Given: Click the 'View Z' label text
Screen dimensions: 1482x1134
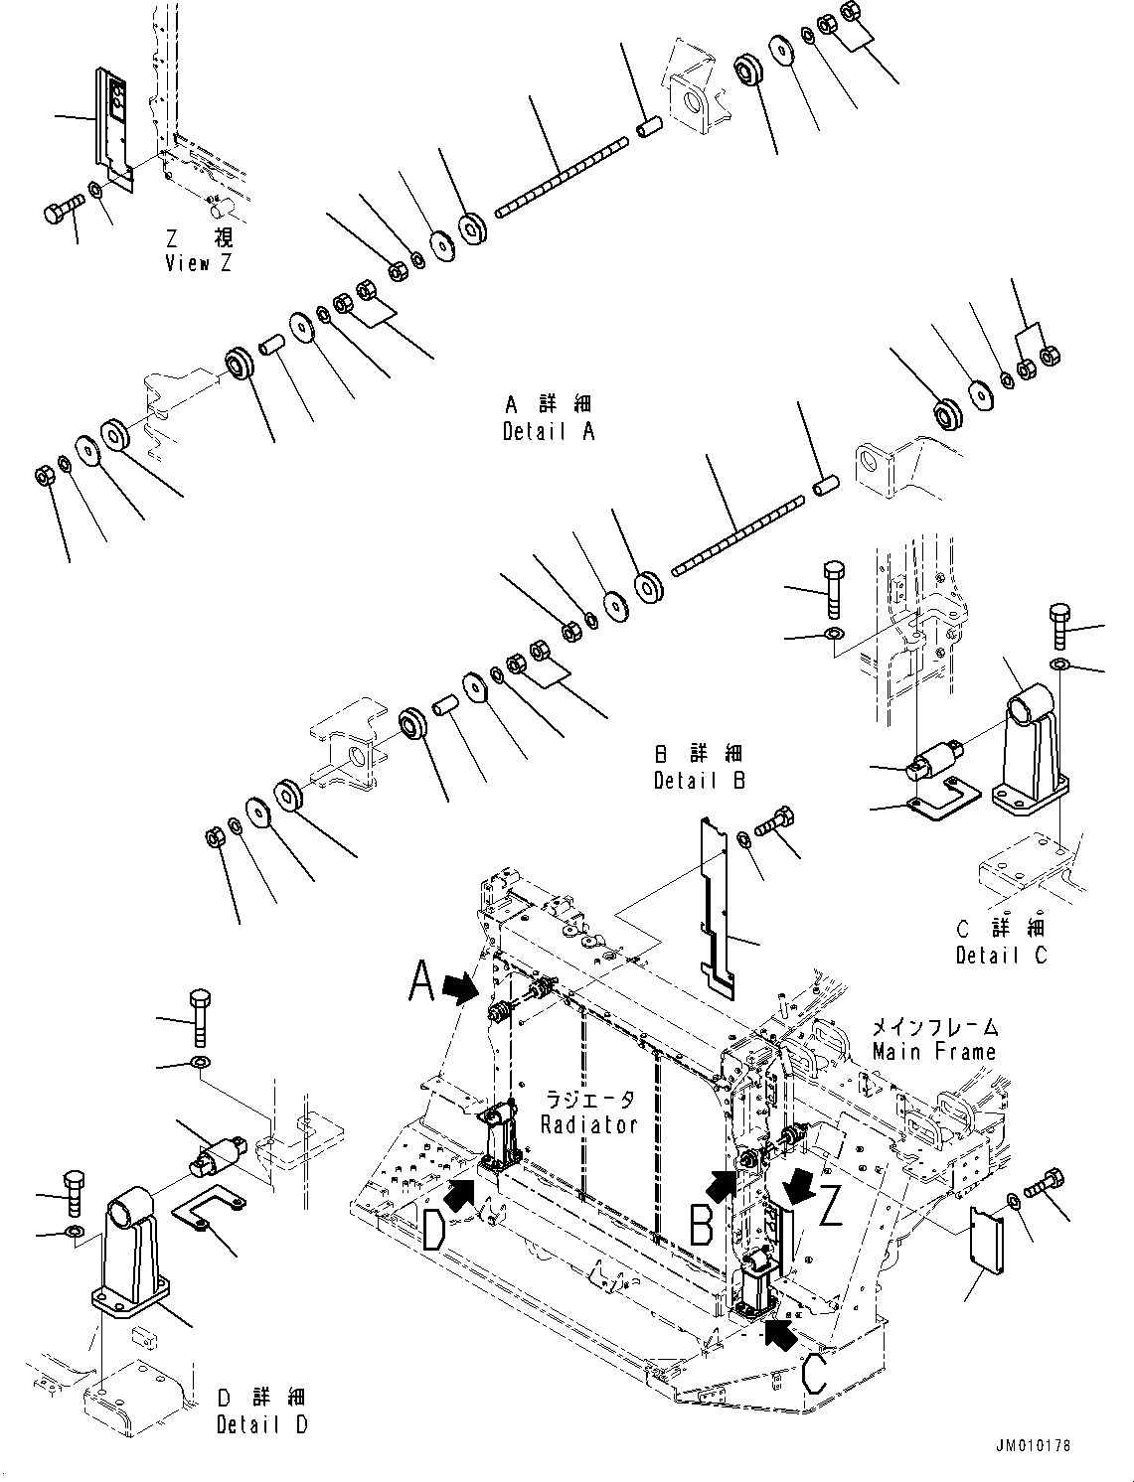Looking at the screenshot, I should coord(201,263).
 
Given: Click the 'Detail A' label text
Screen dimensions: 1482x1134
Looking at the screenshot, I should coord(549,432).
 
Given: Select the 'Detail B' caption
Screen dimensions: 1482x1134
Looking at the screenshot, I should coord(699,781).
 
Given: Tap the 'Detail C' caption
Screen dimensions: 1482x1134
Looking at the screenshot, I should coord(1001,956).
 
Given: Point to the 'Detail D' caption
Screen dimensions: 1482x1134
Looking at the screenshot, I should coord(261,1424).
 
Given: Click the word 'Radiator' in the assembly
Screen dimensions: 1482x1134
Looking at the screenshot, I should coord(589,1124).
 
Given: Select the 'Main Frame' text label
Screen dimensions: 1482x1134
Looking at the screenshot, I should coord(933,1051).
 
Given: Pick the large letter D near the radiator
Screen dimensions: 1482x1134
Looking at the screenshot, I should coord(434,1232).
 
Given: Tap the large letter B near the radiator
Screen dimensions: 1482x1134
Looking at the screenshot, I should coord(703,1225).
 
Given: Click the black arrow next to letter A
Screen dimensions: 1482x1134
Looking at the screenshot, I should coord(459,986).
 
